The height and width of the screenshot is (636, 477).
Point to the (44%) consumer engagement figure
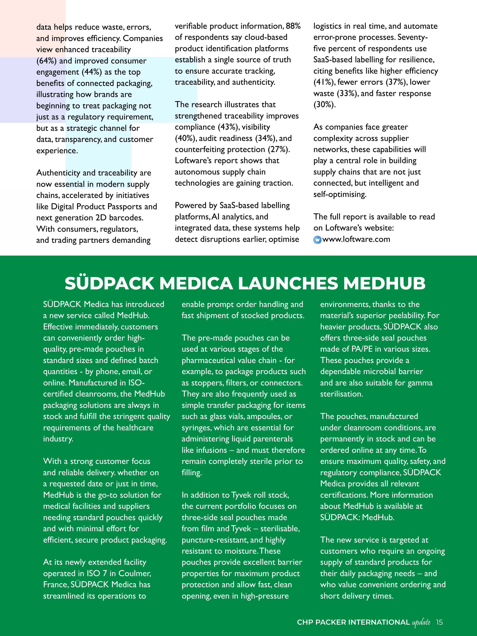(92, 72)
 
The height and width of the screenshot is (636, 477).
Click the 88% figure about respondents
(293, 26)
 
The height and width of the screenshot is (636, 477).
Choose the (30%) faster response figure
(324, 105)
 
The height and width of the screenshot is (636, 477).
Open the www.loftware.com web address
(356, 239)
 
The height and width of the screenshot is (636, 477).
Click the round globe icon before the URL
(317, 240)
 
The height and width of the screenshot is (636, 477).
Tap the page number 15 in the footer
(439, 622)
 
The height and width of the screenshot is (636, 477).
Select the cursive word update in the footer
(421, 623)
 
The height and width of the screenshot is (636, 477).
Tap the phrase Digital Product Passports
(96, 206)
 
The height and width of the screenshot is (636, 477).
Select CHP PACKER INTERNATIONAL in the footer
(353, 622)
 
